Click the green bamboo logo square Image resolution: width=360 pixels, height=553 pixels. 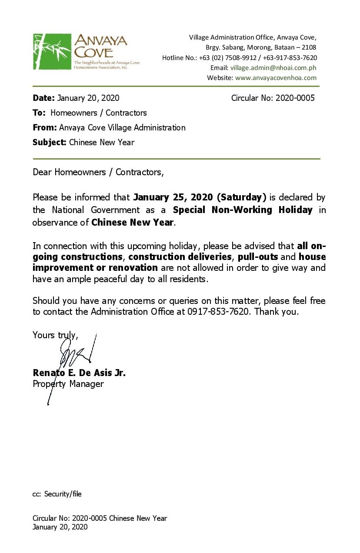click(x=52, y=51)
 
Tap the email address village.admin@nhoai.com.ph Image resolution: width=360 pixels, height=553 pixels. click(x=273, y=68)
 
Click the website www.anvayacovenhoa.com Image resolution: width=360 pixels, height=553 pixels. click(x=276, y=78)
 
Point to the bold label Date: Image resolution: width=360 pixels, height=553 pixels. click(x=43, y=98)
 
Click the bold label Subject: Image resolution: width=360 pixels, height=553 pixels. click(x=50, y=142)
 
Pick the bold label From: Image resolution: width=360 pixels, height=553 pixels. click(x=44, y=127)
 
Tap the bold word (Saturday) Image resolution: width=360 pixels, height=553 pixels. click(x=241, y=197)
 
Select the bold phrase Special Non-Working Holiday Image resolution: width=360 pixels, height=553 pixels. click(x=243, y=210)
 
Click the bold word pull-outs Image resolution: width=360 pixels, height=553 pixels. click(x=258, y=257)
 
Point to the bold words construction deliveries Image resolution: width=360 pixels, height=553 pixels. click(x=180, y=257)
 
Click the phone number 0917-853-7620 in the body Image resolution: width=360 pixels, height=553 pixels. click(x=219, y=312)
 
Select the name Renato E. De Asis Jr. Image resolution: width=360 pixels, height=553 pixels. click(x=79, y=373)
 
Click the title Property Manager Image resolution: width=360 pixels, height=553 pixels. click(x=68, y=384)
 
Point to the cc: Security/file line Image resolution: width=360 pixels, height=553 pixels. click(x=57, y=494)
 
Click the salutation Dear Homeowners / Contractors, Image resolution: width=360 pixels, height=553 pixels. click(x=98, y=172)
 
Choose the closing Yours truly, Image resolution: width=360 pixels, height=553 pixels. click(x=55, y=335)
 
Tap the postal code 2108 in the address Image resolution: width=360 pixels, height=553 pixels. click(x=309, y=47)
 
